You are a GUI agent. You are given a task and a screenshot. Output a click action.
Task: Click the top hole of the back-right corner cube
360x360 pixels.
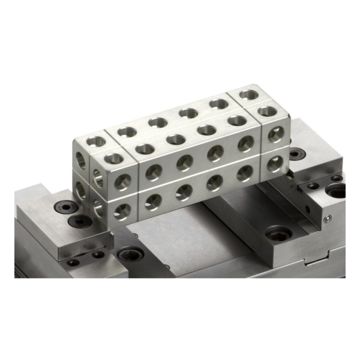[x=248, y=95]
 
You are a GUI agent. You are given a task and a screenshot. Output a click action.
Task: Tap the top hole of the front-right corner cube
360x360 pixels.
[x=268, y=112]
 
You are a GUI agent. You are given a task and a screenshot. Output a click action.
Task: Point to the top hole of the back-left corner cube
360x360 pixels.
[x=95, y=142]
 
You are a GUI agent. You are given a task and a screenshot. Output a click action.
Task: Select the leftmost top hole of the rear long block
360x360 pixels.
[x=127, y=131]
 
